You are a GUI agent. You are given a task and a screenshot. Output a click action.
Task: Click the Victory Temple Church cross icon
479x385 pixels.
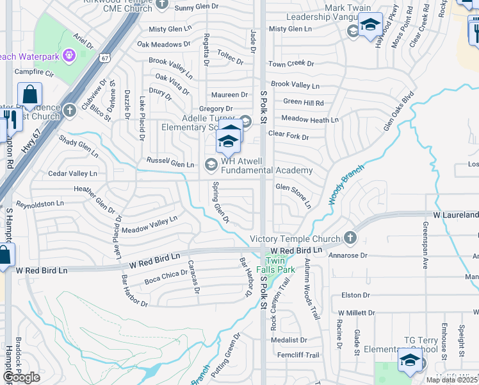(349, 237)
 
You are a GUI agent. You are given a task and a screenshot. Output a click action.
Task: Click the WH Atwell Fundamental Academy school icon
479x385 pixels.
(211, 165)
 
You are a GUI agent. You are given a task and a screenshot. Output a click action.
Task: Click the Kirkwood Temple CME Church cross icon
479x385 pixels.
(162, 4)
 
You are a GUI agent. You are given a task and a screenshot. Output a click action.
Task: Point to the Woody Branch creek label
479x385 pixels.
(346, 184)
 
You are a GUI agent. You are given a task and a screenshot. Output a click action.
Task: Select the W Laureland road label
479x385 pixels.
(455, 215)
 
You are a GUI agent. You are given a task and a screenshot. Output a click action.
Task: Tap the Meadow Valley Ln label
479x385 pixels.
(149, 225)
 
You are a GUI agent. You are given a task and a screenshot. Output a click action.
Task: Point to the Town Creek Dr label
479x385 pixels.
(291, 64)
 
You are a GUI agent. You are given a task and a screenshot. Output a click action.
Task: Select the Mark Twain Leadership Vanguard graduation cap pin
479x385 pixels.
(369, 25)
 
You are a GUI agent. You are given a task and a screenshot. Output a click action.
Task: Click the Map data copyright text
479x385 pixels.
(451, 380)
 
